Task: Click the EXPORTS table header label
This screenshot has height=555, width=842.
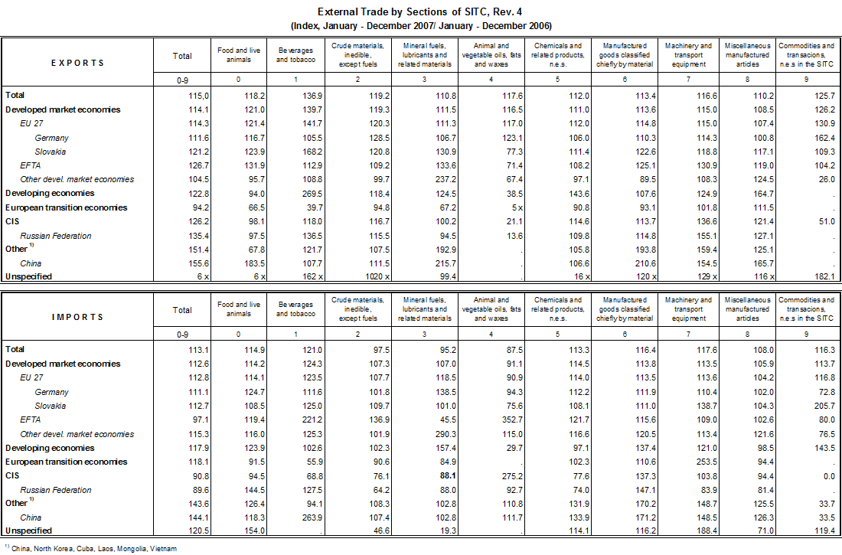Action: tap(77, 63)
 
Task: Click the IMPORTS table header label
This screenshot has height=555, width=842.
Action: tap(77, 316)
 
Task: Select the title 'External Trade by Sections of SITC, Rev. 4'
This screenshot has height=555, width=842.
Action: tap(422, 12)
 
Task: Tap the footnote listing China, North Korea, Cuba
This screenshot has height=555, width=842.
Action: tap(93, 548)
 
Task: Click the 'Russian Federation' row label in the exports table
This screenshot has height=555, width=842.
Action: tap(56, 236)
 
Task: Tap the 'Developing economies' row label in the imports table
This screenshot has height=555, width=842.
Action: tap(50, 448)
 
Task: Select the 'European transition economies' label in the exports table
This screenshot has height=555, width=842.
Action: tap(67, 207)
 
